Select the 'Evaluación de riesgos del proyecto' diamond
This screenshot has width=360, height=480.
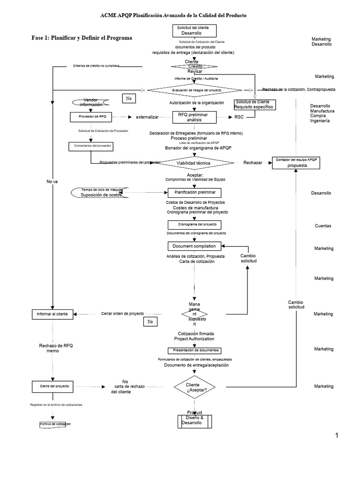(196, 90)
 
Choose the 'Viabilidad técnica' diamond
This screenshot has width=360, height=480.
(196, 163)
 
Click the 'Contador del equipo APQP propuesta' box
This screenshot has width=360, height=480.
(297, 163)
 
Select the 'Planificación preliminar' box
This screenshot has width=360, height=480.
(194, 192)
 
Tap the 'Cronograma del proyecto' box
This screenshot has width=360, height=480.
(194, 225)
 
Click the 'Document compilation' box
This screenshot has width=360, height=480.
(194, 246)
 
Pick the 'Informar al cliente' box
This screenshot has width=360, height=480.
(52, 314)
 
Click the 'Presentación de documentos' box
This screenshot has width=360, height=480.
(194, 350)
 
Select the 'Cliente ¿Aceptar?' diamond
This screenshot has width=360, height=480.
(196, 387)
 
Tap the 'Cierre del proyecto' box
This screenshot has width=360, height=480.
(52, 386)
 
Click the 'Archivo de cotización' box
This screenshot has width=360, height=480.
(55, 424)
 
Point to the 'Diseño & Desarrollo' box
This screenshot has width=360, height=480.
(195, 421)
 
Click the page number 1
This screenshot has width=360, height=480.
(336, 435)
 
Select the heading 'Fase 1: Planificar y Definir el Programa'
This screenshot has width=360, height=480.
(82, 37)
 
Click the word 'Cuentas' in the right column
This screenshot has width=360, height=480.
(323, 226)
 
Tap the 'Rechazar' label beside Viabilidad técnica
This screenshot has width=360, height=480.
(253, 163)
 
